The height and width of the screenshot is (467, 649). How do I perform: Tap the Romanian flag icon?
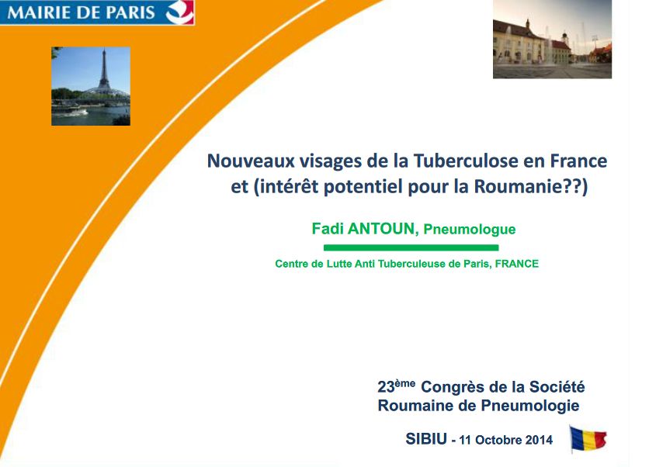(588, 439)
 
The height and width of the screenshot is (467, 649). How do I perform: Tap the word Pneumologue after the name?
(470, 230)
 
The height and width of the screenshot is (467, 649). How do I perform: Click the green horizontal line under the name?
(410, 247)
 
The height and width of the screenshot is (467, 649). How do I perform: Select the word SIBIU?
(426, 439)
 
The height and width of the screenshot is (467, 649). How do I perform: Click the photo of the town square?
(552, 39)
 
